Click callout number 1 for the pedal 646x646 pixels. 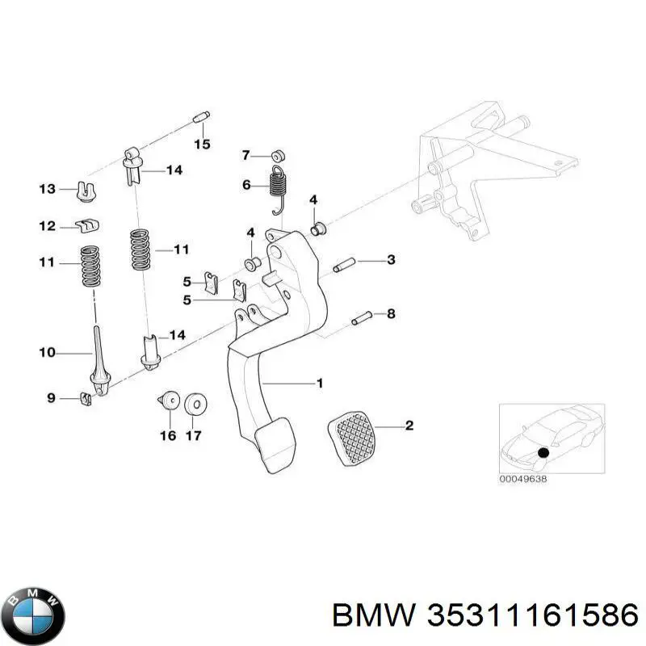(319, 384)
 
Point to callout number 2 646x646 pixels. (409, 425)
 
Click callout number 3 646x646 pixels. (391, 259)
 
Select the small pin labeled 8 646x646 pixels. (361, 317)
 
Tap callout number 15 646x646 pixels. (201, 145)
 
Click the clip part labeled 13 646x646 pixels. (85, 191)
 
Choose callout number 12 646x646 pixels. (48, 226)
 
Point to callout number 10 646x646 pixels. (48, 352)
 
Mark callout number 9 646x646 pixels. (50, 397)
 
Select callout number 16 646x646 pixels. (168, 436)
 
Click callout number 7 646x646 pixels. (246, 154)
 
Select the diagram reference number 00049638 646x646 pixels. (524, 477)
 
